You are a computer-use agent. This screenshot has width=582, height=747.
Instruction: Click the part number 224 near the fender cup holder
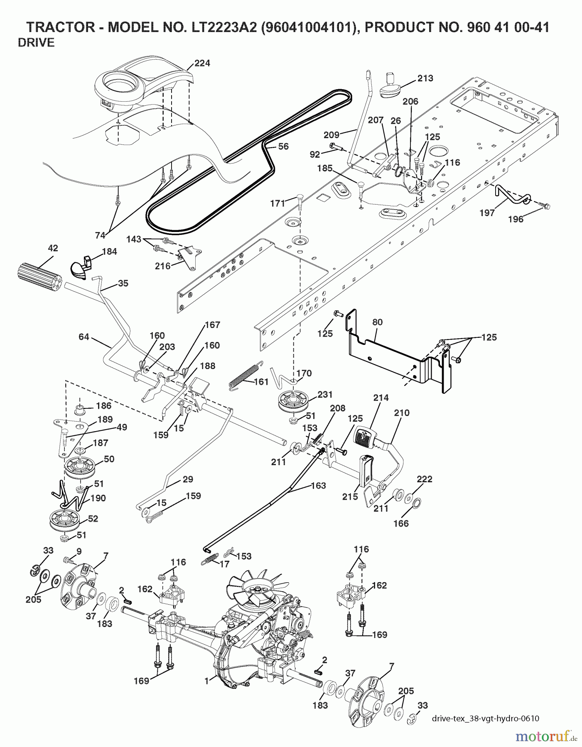202,63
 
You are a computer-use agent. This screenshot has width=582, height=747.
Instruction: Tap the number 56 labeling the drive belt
283,146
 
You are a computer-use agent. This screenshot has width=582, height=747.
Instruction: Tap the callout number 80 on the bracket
377,322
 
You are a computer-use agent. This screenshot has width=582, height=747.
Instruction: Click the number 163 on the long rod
318,486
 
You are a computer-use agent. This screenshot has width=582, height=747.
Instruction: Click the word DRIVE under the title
36,43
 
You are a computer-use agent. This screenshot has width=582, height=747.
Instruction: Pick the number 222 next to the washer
425,479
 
